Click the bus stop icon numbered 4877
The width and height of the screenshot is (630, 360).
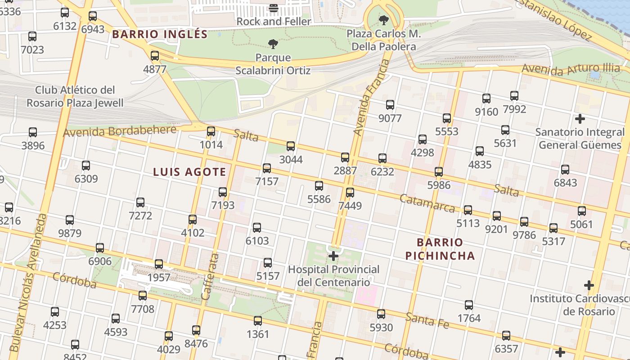pyautogui.click(x=155, y=56)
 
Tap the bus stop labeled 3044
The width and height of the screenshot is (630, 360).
pyautogui.click(x=291, y=146)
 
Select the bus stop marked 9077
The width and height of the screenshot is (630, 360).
pyautogui.click(x=390, y=105)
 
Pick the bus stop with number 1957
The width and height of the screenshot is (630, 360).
pyautogui.click(x=159, y=264)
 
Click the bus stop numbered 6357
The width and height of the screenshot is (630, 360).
pyautogui.click(x=506, y=336)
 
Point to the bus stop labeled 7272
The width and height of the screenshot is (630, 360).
pyautogui.click(x=140, y=202)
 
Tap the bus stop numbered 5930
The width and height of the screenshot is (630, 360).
pyautogui.click(x=381, y=314)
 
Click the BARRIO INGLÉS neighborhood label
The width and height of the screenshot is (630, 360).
pyautogui.click(x=160, y=34)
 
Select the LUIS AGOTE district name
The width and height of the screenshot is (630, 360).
pyautogui.click(x=189, y=172)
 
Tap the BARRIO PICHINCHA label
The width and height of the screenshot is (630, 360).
pyautogui.click(x=440, y=249)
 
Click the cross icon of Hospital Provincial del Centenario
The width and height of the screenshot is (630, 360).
pyautogui.click(x=333, y=256)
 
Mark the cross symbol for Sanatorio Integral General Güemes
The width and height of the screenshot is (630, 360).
pyautogui.click(x=580, y=119)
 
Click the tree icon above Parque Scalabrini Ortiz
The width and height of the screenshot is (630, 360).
pyautogui.click(x=273, y=44)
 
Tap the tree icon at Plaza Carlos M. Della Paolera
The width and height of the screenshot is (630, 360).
pyautogui.click(x=383, y=20)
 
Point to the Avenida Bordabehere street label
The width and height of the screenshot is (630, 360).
pyautogui.click(x=120, y=131)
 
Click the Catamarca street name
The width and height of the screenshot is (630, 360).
pyautogui.click(x=427, y=203)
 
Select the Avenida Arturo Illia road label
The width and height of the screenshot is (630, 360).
pyautogui.click(x=571, y=69)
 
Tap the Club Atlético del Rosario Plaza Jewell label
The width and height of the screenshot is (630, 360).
pyautogui.click(x=75, y=96)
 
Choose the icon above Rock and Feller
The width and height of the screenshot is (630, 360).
pyautogui.click(x=274, y=8)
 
